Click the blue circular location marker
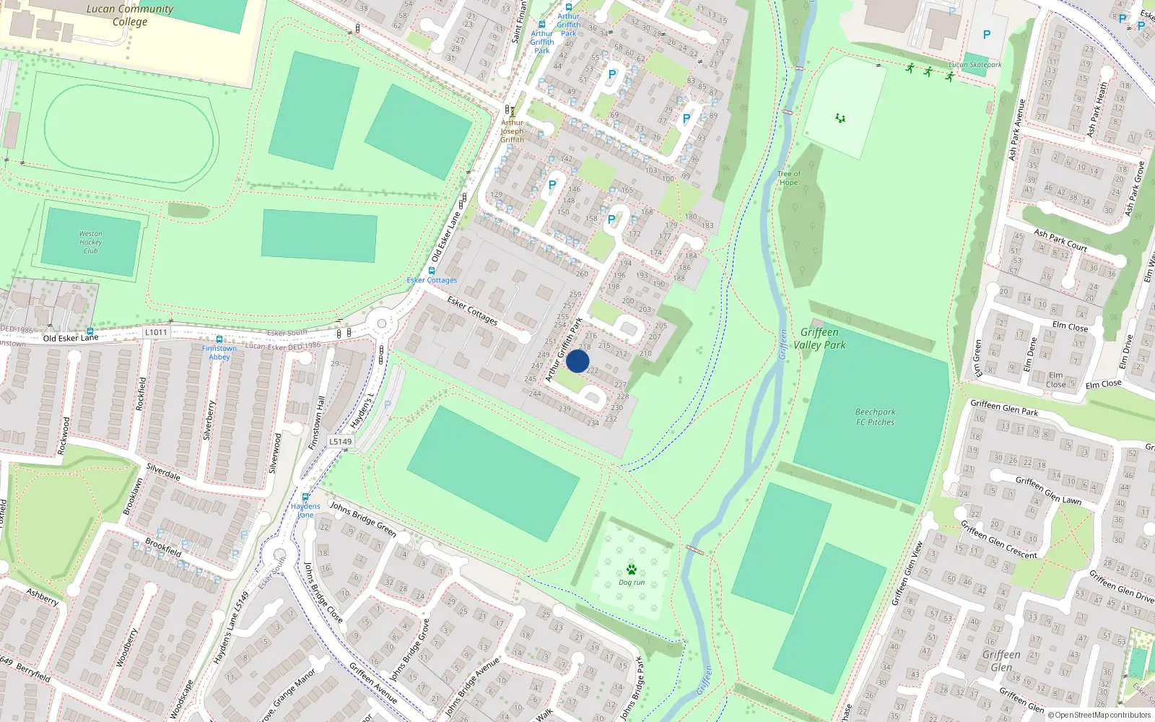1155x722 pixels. (577, 361)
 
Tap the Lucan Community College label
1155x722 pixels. (130, 15)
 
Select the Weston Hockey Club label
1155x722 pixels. (91, 242)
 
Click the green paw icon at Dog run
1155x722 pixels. (632, 569)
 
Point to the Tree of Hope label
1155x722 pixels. (788, 178)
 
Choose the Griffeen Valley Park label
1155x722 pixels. (819, 338)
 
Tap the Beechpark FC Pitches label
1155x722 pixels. (875, 417)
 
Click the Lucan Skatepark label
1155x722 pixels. (975, 64)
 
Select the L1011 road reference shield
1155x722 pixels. (156, 332)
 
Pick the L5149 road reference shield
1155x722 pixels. (340, 441)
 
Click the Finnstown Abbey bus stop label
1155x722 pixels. (219, 352)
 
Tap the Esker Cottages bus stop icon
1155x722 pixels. (432, 271)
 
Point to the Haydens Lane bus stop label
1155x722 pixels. (305, 510)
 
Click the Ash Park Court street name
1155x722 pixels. (1060, 240)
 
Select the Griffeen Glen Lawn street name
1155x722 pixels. (1048, 490)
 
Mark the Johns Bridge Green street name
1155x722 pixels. (363, 518)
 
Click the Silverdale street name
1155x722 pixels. (163, 472)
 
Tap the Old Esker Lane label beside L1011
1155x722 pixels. (70, 337)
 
